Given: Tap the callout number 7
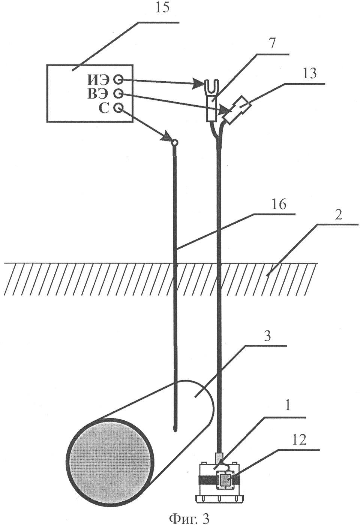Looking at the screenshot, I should (x=271, y=44).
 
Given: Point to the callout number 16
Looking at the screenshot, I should (x=279, y=205).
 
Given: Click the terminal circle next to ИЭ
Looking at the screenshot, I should (x=118, y=79).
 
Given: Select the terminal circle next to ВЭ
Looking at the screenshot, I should (x=118, y=93).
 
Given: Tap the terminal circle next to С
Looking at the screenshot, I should (x=118, y=108).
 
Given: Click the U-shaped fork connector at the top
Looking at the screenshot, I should (x=211, y=87).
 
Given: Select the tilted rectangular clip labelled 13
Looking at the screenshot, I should (x=237, y=109).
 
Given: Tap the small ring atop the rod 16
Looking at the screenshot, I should (x=174, y=142).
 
